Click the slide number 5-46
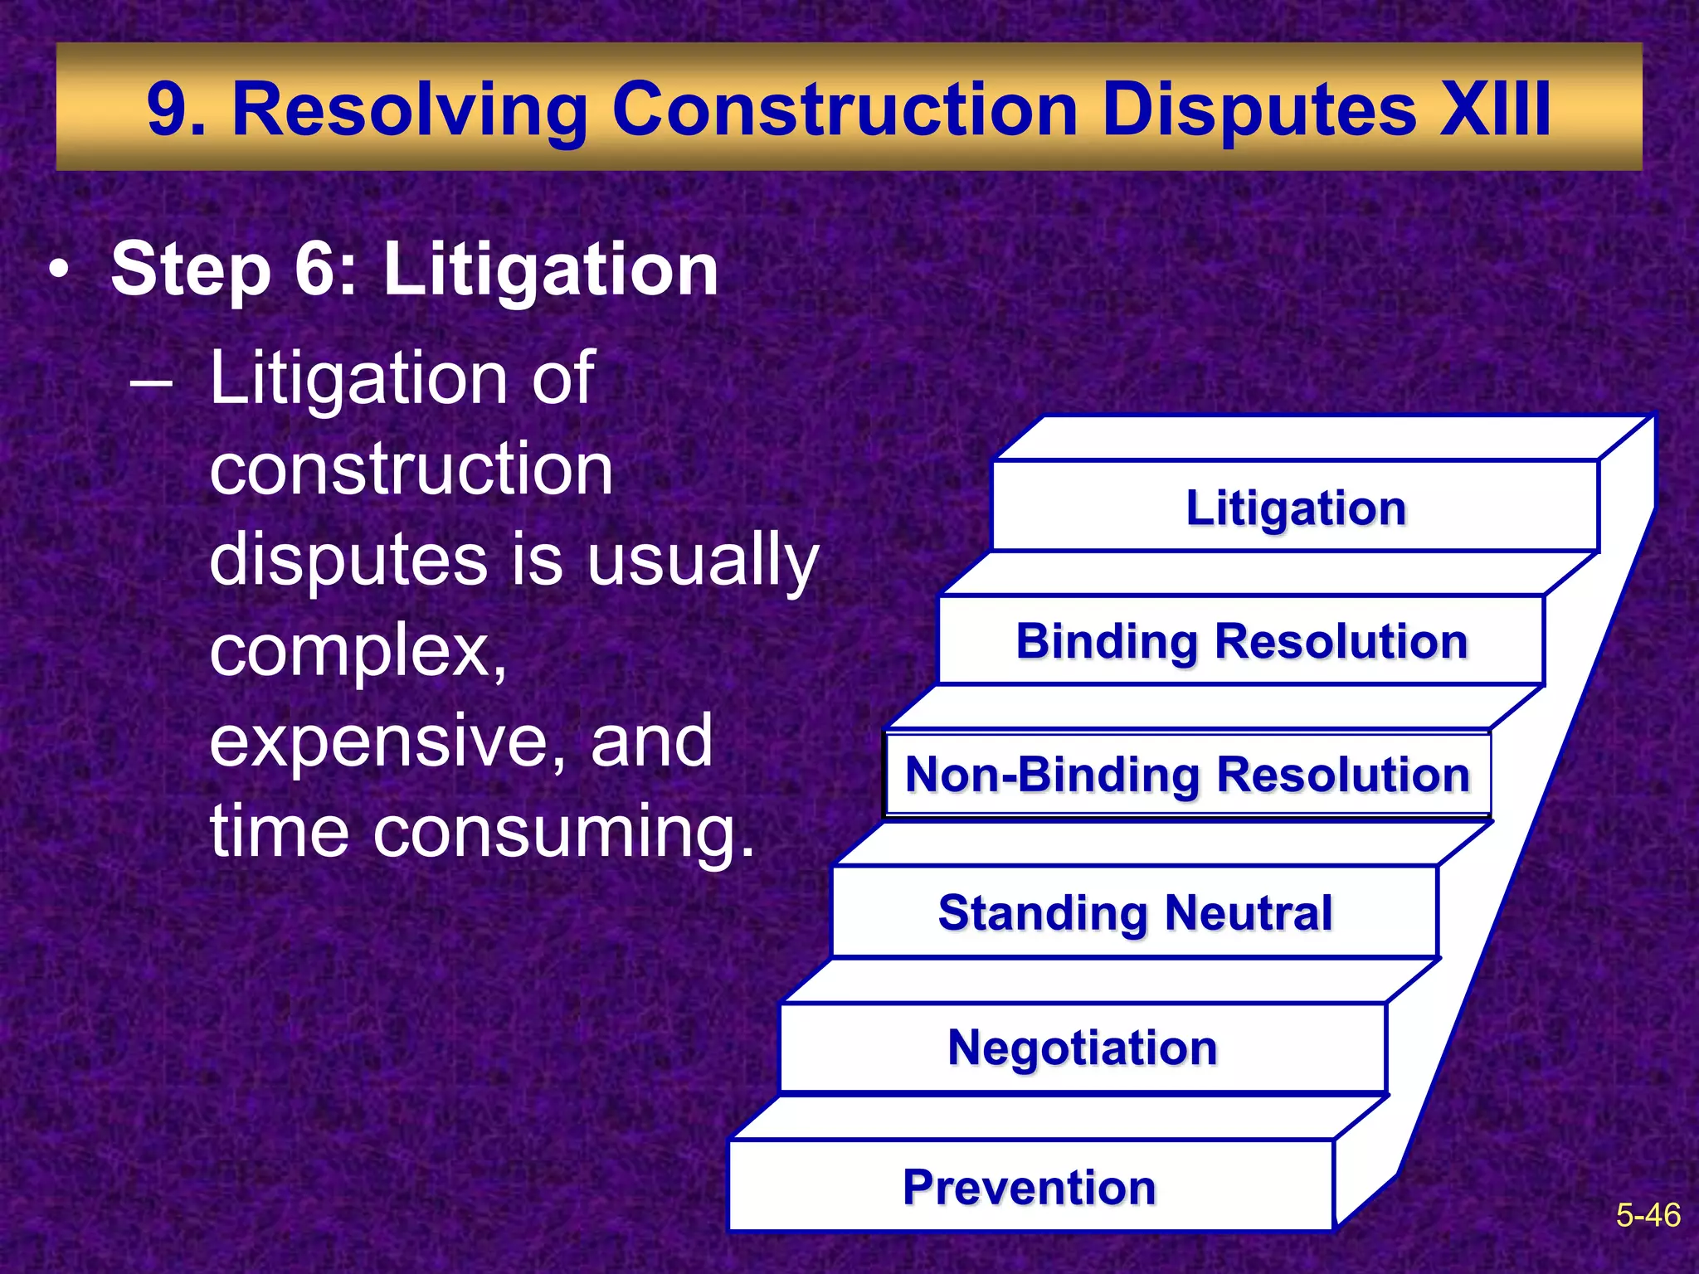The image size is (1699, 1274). pos(1648,1215)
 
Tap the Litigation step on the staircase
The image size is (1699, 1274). pos(1296,508)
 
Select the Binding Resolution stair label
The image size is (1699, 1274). pos(1242,641)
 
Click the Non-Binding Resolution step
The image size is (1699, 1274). pos(1187,775)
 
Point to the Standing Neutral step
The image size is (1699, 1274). pos(1135,912)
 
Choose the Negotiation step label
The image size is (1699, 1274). pos(1083,1048)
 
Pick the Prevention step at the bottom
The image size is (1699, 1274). pos(1030,1187)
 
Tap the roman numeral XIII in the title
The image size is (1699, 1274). pos(1495,109)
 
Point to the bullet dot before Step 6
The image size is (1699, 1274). pos(58,271)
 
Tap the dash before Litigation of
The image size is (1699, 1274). pos(151,384)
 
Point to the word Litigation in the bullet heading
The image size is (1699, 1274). pos(550,269)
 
